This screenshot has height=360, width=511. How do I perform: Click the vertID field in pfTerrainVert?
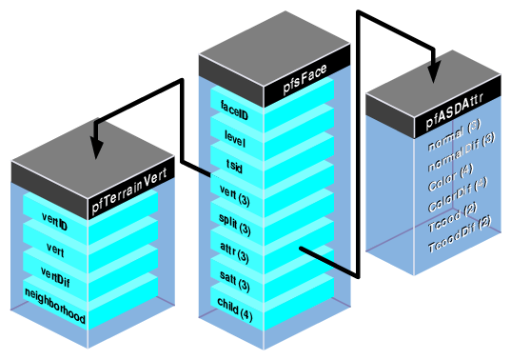[55, 222]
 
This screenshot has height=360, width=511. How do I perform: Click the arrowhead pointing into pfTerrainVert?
[96, 149]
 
